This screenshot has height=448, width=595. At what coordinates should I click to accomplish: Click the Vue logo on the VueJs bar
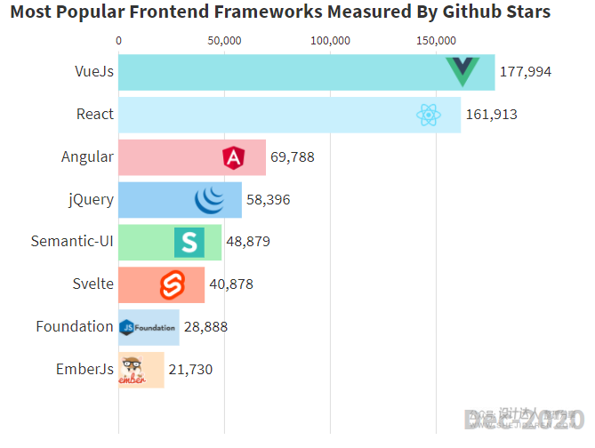[462, 71]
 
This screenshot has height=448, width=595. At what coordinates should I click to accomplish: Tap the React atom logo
[429, 114]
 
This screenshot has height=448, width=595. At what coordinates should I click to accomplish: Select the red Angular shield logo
[233, 157]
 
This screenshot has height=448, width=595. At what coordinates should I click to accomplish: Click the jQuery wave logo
[211, 200]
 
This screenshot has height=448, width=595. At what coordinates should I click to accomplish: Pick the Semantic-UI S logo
[189, 242]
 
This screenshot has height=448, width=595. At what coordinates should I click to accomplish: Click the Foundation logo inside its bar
[148, 327]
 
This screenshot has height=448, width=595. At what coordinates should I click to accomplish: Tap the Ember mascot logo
[133, 370]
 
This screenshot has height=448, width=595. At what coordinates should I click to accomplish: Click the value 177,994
[526, 72]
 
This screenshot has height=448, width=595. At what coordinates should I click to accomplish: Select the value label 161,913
[491, 114]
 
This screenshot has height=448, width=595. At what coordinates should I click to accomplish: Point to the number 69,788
[293, 157]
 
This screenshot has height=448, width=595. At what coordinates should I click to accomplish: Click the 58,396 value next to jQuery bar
[268, 200]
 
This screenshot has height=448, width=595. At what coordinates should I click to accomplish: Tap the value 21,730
[191, 370]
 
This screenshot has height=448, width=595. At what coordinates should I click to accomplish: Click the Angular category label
[87, 157]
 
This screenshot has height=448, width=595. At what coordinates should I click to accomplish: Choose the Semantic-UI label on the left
[72, 241]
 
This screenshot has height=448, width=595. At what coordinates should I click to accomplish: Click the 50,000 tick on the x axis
[224, 41]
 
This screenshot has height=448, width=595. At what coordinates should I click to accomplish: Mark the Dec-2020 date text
[525, 419]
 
